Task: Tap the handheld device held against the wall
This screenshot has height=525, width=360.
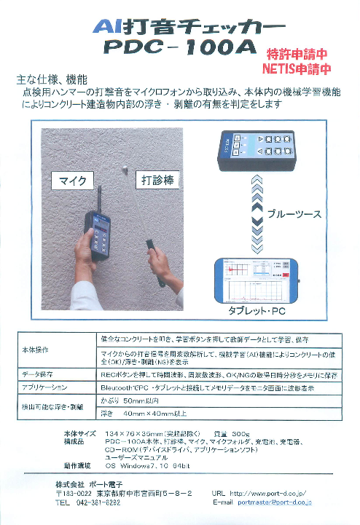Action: [x=99, y=236]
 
